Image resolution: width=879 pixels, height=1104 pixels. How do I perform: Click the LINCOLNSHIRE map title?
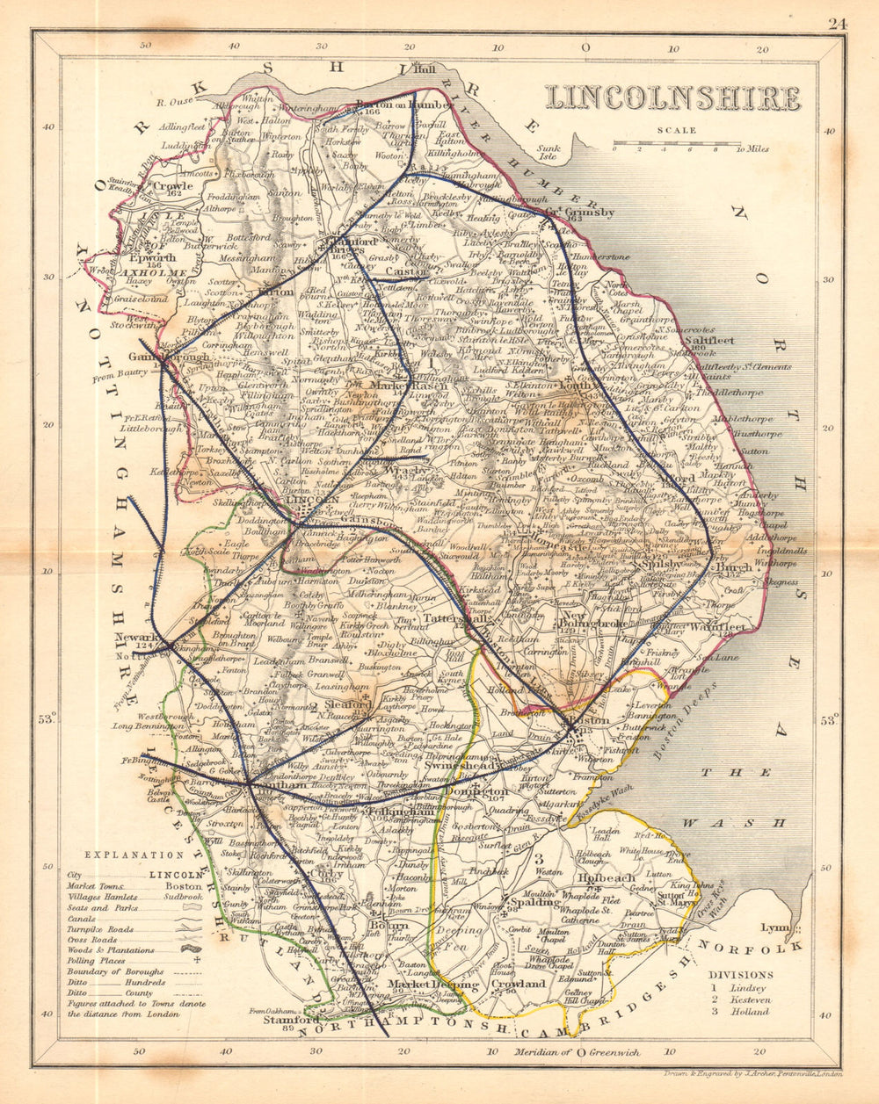click(x=672, y=97)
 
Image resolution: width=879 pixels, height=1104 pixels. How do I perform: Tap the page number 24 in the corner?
click(x=836, y=24)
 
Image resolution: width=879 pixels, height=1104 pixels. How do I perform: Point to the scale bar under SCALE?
click(x=677, y=143)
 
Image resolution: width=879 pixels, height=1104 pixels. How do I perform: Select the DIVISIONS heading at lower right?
click(x=741, y=975)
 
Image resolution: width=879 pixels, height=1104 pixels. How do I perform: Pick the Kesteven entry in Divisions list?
click(x=748, y=999)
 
